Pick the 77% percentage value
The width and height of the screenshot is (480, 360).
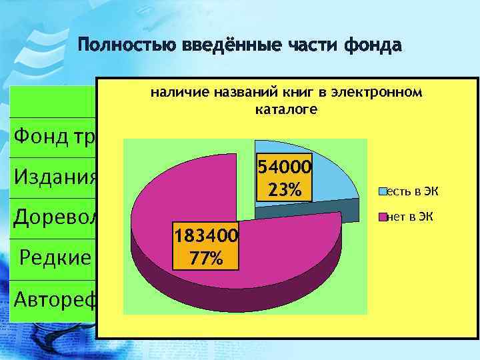tap(197, 257)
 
